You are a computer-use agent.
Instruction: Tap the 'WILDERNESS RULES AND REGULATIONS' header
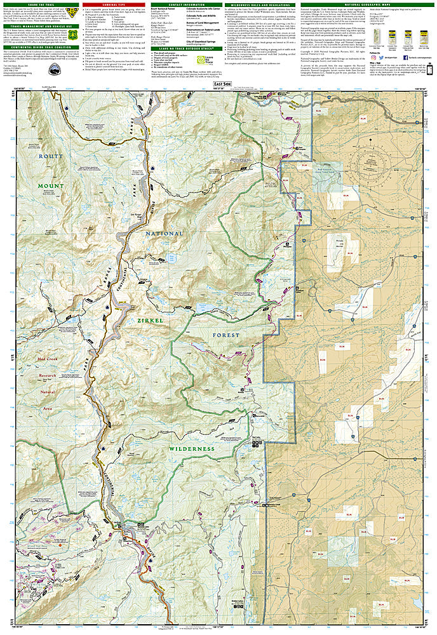tap(275, 5)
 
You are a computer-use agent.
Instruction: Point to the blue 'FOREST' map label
tap(227, 335)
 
